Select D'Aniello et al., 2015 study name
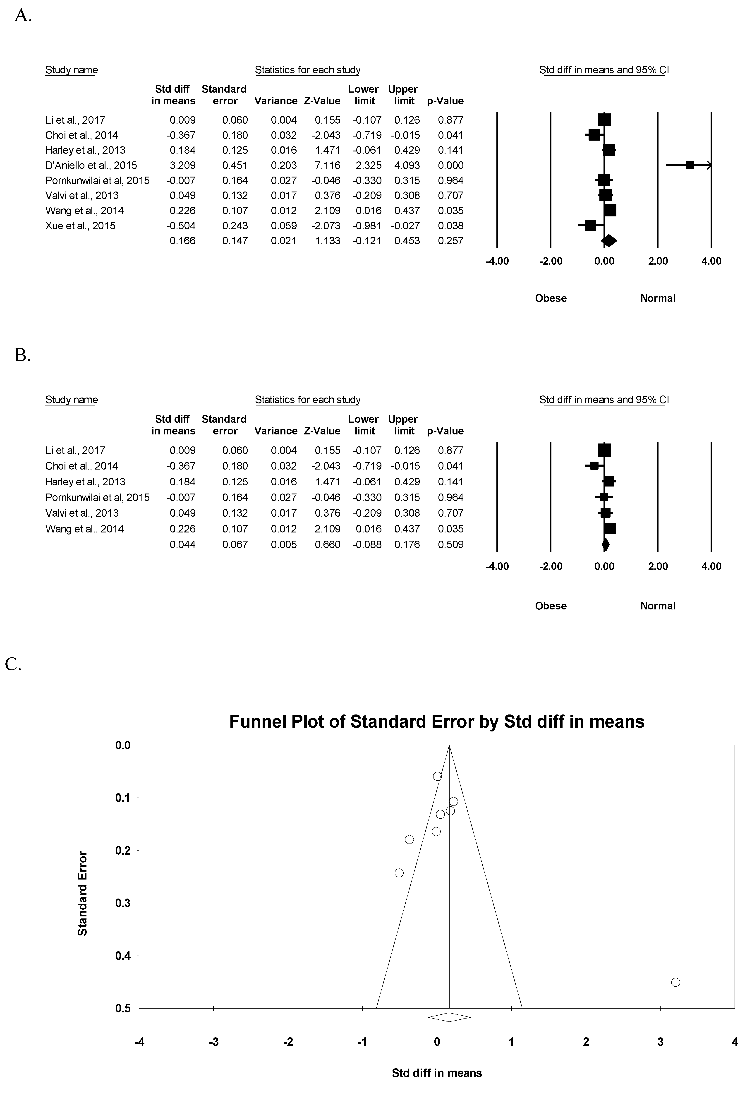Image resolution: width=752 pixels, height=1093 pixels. pyautogui.click(x=91, y=165)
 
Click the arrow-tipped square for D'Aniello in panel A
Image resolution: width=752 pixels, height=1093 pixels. pyautogui.click(x=690, y=165)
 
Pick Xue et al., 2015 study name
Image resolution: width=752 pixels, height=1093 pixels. pyautogui.click(x=80, y=226)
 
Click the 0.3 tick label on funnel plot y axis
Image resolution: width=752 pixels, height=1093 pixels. pyautogui.click(x=123, y=903)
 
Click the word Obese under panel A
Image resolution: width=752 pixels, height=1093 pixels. pyautogui.click(x=550, y=298)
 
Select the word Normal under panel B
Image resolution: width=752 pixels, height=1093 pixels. pyautogui.click(x=658, y=606)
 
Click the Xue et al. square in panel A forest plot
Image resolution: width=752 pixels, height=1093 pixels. pyautogui.click(x=590, y=225)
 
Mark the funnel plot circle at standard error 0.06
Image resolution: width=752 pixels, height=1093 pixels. pyautogui.click(x=437, y=776)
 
